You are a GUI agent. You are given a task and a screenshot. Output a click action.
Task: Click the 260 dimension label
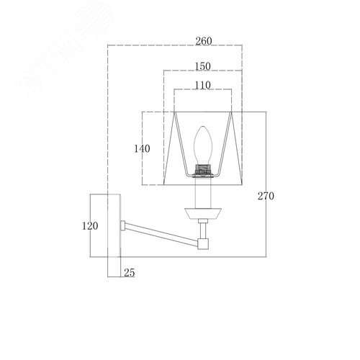204,41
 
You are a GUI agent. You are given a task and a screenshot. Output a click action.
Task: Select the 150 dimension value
203,66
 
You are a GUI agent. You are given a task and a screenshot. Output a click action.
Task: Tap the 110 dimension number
203,85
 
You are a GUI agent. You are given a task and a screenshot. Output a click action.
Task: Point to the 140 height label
142,149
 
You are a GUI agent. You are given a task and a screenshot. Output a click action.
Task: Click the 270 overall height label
266,196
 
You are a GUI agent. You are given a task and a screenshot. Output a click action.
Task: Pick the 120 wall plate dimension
90,226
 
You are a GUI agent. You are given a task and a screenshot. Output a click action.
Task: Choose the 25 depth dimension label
130,273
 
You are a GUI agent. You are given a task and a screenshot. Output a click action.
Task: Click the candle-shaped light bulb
203,145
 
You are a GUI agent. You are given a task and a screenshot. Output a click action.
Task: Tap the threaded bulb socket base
203,170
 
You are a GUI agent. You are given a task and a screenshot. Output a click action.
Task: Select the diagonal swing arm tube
161,233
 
